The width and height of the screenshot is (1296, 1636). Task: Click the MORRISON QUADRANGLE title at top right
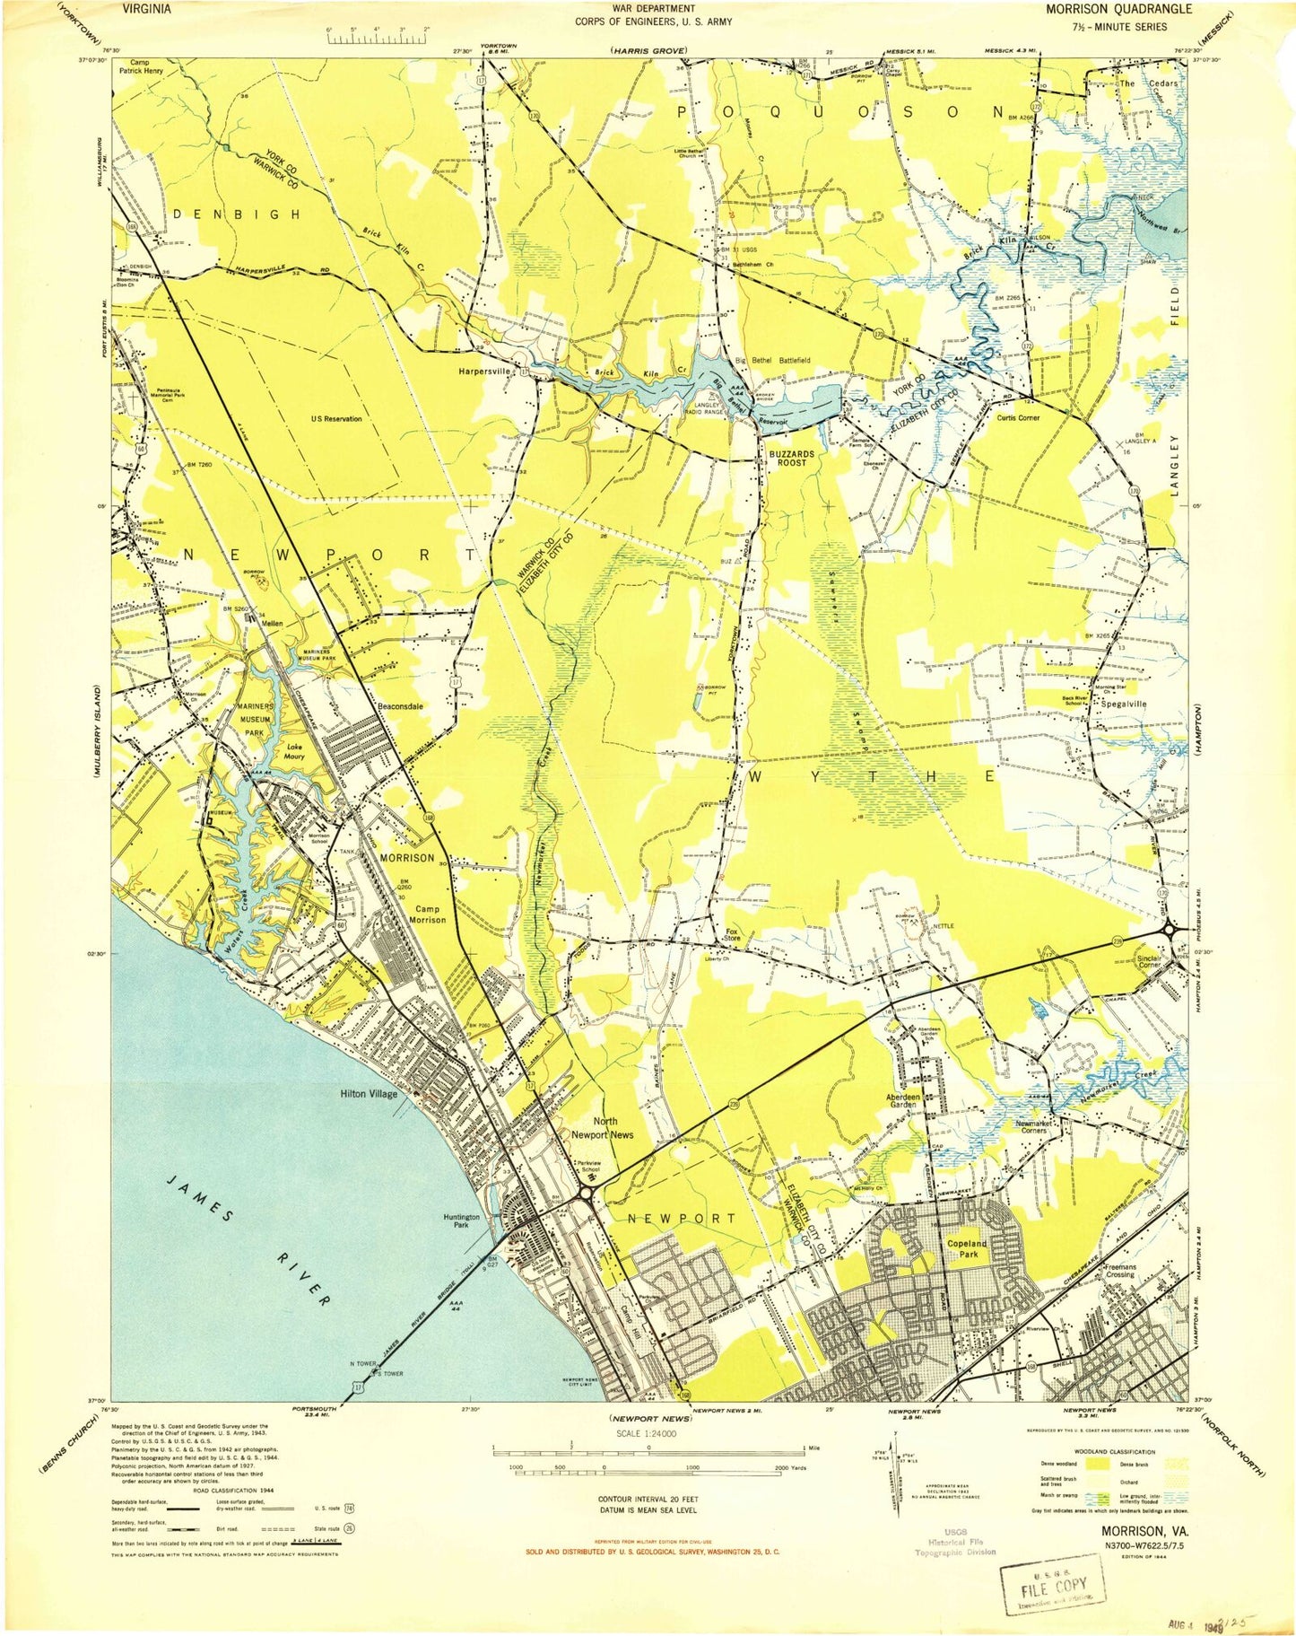click(x=1118, y=9)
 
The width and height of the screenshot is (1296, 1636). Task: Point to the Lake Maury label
click(x=294, y=751)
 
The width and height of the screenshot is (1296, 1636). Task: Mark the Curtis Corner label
click(x=1017, y=417)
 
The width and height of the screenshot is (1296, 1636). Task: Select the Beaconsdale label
click(x=400, y=706)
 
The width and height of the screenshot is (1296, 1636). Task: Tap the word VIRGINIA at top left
click(x=146, y=9)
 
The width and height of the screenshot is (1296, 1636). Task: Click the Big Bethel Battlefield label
click(x=772, y=360)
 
